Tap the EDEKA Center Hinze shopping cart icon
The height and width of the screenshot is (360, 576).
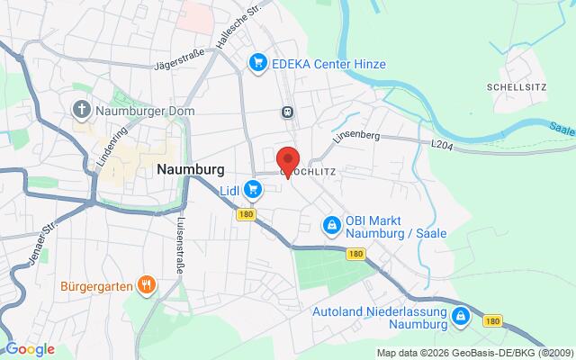click(258, 62)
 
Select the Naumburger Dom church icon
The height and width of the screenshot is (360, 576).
click(81, 111)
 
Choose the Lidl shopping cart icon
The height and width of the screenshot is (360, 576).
click(254, 189)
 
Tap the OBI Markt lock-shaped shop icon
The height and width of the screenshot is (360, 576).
click(331, 223)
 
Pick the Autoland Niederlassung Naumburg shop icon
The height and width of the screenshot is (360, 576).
click(461, 316)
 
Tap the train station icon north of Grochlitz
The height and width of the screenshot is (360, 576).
click(286, 112)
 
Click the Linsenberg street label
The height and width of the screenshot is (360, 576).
click(357, 136)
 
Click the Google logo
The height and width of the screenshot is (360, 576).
click(30, 349)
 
